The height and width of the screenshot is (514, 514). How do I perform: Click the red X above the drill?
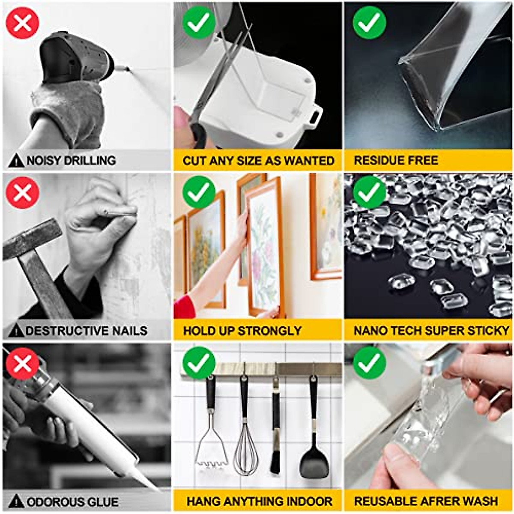click(23, 23)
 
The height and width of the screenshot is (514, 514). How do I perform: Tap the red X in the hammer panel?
click(23, 193)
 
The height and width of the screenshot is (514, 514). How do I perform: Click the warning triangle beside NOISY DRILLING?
click(16, 161)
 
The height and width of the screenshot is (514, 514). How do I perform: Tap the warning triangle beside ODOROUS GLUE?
click(16, 501)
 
